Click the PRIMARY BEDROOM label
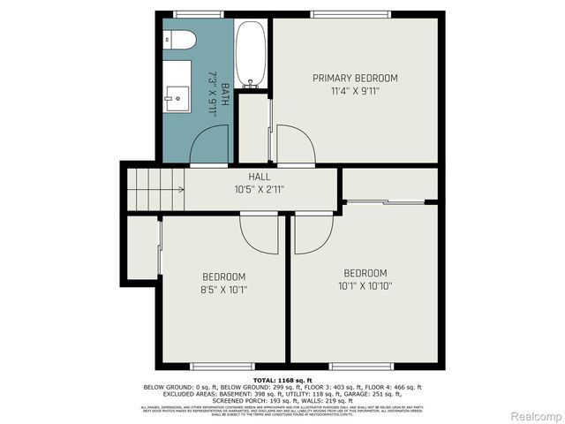pyautogui.click(x=355, y=78)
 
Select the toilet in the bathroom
pyautogui.click(x=179, y=41)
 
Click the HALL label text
pyautogui.click(x=259, y=177)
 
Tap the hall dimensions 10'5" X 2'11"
pyautogui.click(x=259, y=189)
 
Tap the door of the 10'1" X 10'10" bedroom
pyautogui.click(x=310, y=233)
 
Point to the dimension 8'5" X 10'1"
pyautogui.click(x=224, y=289)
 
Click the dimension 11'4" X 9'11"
pyautogui.click(x=355, y=90)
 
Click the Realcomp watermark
pyautogui.click(x=536, y=415)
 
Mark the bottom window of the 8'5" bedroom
pyautogui.click(x=216, y=366)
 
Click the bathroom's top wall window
pyautogui.click(x=199, y=13)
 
